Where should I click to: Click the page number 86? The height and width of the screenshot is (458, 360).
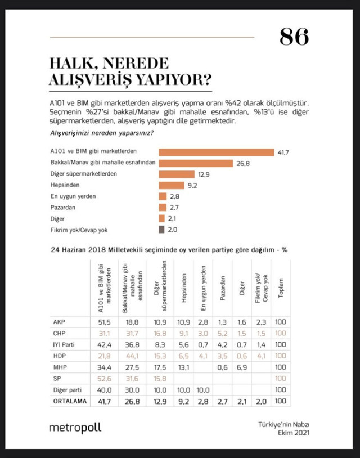click(x=294, y=37)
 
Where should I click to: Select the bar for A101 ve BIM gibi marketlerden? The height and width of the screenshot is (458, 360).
click(x=216, y=152)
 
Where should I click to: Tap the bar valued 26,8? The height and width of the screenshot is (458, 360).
click(x=196, y=163)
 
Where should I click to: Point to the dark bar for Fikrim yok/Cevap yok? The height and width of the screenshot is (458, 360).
click(x=161, y=229)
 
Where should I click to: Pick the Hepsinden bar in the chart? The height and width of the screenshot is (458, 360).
click(x=172, y=185)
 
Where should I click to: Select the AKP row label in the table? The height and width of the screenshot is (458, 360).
click(x=58, y=322)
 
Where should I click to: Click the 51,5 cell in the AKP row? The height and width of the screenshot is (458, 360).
click(x=100, y=322)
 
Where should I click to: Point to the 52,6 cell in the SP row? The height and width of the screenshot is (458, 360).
click(x=100, y=378)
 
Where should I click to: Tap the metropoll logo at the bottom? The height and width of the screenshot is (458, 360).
click(x=75, y=428)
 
